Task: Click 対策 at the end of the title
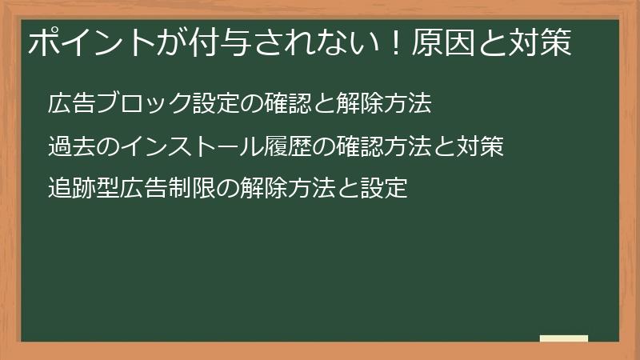[541, 44]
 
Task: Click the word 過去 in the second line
[72, 147]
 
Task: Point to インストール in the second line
[191, 147]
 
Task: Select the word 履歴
[288, 147]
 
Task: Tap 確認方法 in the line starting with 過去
[384, 147]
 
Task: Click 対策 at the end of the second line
[480, 147]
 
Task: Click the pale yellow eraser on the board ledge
[564, 338]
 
